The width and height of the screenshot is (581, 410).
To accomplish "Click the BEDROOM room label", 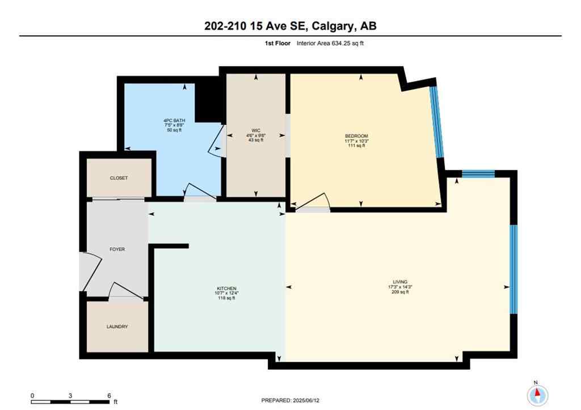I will (x=356, y=136).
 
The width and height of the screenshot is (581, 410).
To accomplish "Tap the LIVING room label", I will (x=400, y=282).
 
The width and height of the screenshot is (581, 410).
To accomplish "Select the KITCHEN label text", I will (x=225, y=288).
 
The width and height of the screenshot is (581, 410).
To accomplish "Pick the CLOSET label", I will (x=119, y=178).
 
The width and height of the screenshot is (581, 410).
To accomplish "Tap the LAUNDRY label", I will (x=117, y=327).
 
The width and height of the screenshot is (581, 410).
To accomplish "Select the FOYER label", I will (x=117, y=249).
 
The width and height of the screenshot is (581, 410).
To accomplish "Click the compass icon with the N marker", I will (x=537, y=394).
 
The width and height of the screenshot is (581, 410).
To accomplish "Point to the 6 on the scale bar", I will (x=108, y=395).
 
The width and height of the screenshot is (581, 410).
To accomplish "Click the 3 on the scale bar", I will (x=70, y=395).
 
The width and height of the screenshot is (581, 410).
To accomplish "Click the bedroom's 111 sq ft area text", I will (x=356, y=146).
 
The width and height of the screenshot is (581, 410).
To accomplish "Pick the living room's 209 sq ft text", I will (x=400, y=292).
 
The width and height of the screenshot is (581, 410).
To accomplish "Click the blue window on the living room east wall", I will (x=513, y=269).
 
